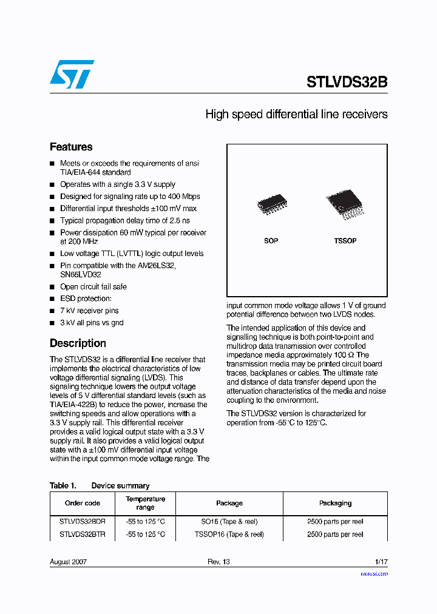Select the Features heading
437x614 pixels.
pyautogui.click(x=71, y=147)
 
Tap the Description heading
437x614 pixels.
pyautogui.click(x=78, y=343)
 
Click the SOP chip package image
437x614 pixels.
pyautogui.click(x=271, y=205)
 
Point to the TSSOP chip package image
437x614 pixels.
pyautogui.click(x=345, y=204)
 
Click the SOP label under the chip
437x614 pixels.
pyautogui.click(x=271, y=241)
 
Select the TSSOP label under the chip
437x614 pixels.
pyautogui.click(x=345, y=241)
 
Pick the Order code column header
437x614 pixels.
pyautogui.click(x=83, y=503)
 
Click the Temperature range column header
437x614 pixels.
pyautogui.click(x=145, y=503)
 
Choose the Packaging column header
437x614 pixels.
pyautogui.click(x=335, y=503)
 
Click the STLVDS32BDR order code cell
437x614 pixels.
pyautogui.click(x=83, y=521)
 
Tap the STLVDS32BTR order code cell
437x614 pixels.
pyautogui.click(x=83, y=535)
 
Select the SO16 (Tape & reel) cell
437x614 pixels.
pyautogui.click(x=229, y=521)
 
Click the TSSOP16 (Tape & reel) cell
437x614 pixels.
pyautogui.click(x=229, y=535)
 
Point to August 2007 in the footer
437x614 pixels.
pyautogui.click(x=68, y=562)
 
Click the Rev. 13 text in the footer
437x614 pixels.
pyautogui.click(x=218, y=562)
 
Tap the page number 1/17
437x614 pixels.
pyautogui.click(x=381, y=562)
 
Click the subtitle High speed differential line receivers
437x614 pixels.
pyautogui.click(x=296, y=114)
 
